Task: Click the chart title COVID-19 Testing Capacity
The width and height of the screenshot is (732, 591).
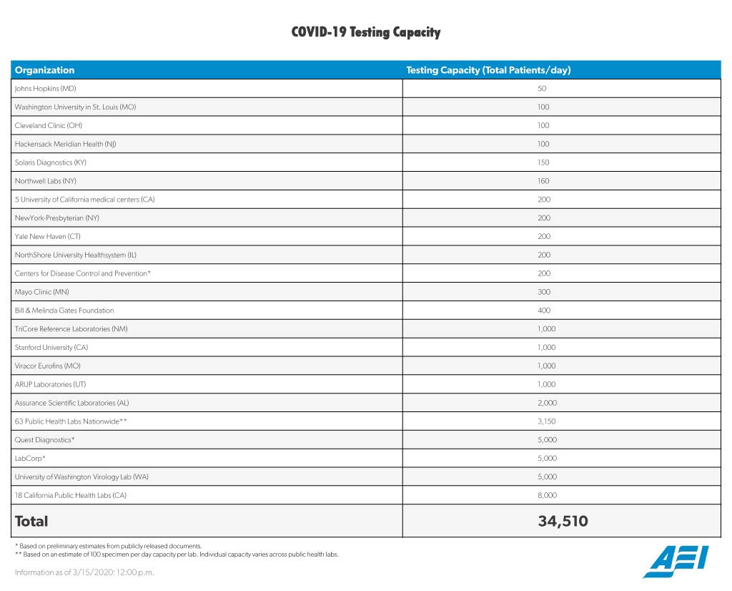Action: [x=365, y=32]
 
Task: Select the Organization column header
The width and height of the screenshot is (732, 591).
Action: [x=44, y=70]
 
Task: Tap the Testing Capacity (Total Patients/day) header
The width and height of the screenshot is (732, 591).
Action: [x=488, y=70]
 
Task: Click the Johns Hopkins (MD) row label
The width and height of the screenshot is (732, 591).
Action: [x=45, y=89]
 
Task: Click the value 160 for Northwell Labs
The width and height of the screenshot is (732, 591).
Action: [x=543, y=181]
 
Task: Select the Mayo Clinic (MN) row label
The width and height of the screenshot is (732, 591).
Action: [x=41, y=292]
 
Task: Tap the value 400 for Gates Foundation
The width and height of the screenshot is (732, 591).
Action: [x=543, y=311]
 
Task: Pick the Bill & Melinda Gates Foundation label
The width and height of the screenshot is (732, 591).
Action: [x=64, y=311]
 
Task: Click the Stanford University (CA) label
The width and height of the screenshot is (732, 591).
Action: [x=51, y=348]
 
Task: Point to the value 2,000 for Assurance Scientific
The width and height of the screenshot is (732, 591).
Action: [x=546, y=403]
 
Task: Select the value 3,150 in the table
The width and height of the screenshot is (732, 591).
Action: [x=546, y=421]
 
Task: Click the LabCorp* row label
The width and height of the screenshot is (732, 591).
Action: [x=31, y=459]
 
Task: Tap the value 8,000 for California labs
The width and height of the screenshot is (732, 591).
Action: [x=546, y=495]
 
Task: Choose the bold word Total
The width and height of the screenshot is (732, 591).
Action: [x=31, y=522]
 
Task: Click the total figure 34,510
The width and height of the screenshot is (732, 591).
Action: [x=563, y=522]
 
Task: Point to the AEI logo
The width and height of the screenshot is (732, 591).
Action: [x=676, y=562]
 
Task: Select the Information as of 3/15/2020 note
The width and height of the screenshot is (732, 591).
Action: [x=84, y=572]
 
